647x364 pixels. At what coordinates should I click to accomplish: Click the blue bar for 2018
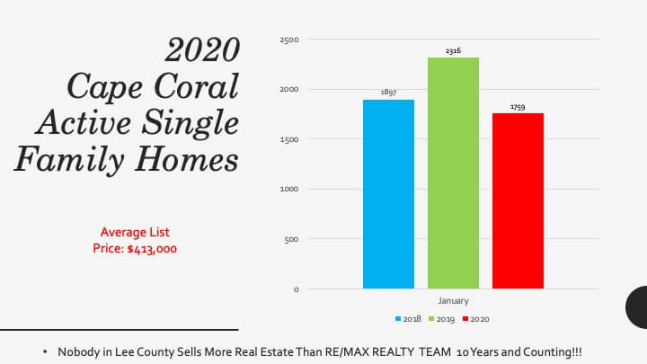click(388, 194)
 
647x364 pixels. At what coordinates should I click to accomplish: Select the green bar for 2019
click(453, 173)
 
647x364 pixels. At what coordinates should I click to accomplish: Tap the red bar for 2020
click(518, 201)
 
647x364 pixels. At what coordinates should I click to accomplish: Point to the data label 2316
click(453, 50)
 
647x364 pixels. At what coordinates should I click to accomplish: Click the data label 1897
click(388, 92)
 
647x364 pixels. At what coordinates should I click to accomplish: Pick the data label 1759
click(518, 107)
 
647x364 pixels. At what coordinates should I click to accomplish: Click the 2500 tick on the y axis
click(288, 40)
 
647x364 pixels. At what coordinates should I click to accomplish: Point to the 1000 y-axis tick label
click(288, 189)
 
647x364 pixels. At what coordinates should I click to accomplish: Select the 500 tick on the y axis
click(291, 239)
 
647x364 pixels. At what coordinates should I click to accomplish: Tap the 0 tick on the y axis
click(297, 289)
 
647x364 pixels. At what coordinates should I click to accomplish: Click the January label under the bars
click(453, 301)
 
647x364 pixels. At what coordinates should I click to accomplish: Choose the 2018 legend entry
click(408, 319)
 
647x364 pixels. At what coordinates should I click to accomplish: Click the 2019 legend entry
click(441, 319)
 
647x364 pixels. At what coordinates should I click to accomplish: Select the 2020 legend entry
click(475, 319)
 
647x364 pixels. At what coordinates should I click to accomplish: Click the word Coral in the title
click(197, 86)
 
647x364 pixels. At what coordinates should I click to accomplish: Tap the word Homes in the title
click(187, 159)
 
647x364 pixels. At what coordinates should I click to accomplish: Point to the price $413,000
click(152, 249)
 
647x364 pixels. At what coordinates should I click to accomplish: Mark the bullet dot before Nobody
click(45, 352)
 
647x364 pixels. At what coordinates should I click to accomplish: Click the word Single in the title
click(191, 123)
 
